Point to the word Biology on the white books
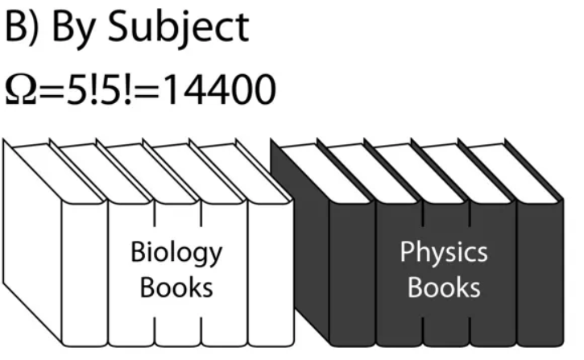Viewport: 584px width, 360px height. (176, 254)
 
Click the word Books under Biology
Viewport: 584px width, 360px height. (176, 288)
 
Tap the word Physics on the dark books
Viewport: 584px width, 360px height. (444, 254)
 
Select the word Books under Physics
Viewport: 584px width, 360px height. (444, 288)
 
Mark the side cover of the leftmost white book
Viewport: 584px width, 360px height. (32, 242)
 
